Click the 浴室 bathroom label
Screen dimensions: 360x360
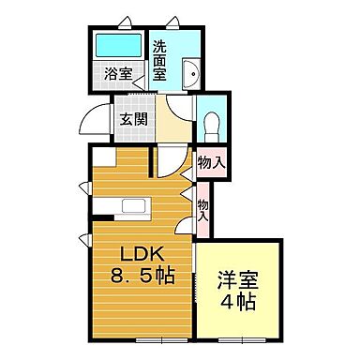[x=118, y=74]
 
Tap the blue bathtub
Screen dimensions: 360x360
[x=117, y=46]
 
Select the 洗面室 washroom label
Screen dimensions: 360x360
[x=160, y=61]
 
